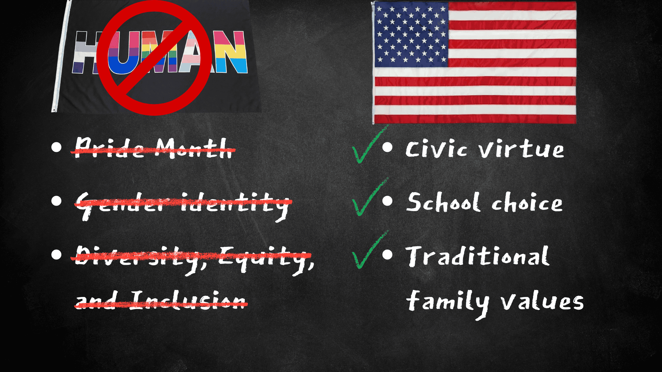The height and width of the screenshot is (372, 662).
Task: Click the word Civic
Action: coord(437,149)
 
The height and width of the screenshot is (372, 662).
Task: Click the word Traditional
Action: coord(478,256)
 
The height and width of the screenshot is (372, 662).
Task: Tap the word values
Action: coord(542,301)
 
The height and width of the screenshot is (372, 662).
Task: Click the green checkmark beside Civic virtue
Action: coord(369,145)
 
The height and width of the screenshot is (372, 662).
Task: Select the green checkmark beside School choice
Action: coord(369,197)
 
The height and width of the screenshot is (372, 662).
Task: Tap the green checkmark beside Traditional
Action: coord(369,250)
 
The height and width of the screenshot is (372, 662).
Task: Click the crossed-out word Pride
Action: coord(110,148)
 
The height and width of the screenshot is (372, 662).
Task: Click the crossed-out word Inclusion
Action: coord(188,300)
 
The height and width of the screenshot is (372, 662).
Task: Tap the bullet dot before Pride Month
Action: coord(56,147)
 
